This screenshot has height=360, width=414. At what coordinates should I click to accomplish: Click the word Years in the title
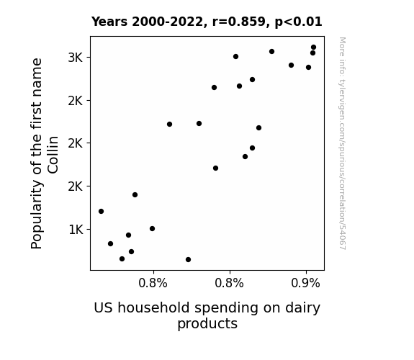point(109,22)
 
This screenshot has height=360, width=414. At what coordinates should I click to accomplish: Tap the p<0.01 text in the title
point(298,22)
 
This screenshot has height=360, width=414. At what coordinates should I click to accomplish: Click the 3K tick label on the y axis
point(75,58)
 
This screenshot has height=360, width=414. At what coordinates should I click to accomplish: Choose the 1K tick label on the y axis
point(76,230)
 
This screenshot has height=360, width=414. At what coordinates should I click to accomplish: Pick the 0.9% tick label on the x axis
point(305,283)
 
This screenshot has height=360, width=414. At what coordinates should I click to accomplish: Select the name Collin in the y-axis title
point(53,155)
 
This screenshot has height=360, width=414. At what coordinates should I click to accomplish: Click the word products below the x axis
point(207,324)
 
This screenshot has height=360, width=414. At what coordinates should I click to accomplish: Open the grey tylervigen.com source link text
point(343,143)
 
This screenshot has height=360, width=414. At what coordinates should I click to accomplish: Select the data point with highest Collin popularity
point(314,48)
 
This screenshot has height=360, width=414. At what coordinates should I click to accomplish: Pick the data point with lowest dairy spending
point(101,211)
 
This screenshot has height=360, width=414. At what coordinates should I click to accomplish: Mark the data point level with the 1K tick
point(153,228)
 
